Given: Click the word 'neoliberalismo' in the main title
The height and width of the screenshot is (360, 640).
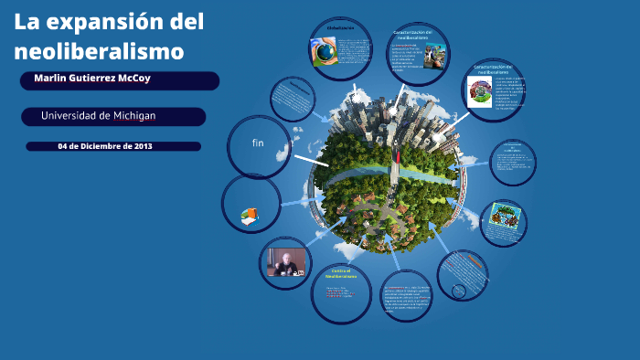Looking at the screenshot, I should pos(100,51).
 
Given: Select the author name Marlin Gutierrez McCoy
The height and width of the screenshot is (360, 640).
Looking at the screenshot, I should pos(92,79).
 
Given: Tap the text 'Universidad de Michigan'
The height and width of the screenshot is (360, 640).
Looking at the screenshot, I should pos(98,116).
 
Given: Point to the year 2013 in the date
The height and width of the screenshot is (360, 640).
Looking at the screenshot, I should pos(137,146).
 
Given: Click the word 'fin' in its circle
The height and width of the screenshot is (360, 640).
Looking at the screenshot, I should pos(258,143).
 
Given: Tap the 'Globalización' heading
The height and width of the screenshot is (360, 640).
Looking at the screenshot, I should pos(340,28).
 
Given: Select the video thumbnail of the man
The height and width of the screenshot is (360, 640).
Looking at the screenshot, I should pos(284,263).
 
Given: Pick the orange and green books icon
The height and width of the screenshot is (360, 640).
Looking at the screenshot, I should pos(249,216).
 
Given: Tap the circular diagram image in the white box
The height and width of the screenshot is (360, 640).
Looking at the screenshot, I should pos(480,90).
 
